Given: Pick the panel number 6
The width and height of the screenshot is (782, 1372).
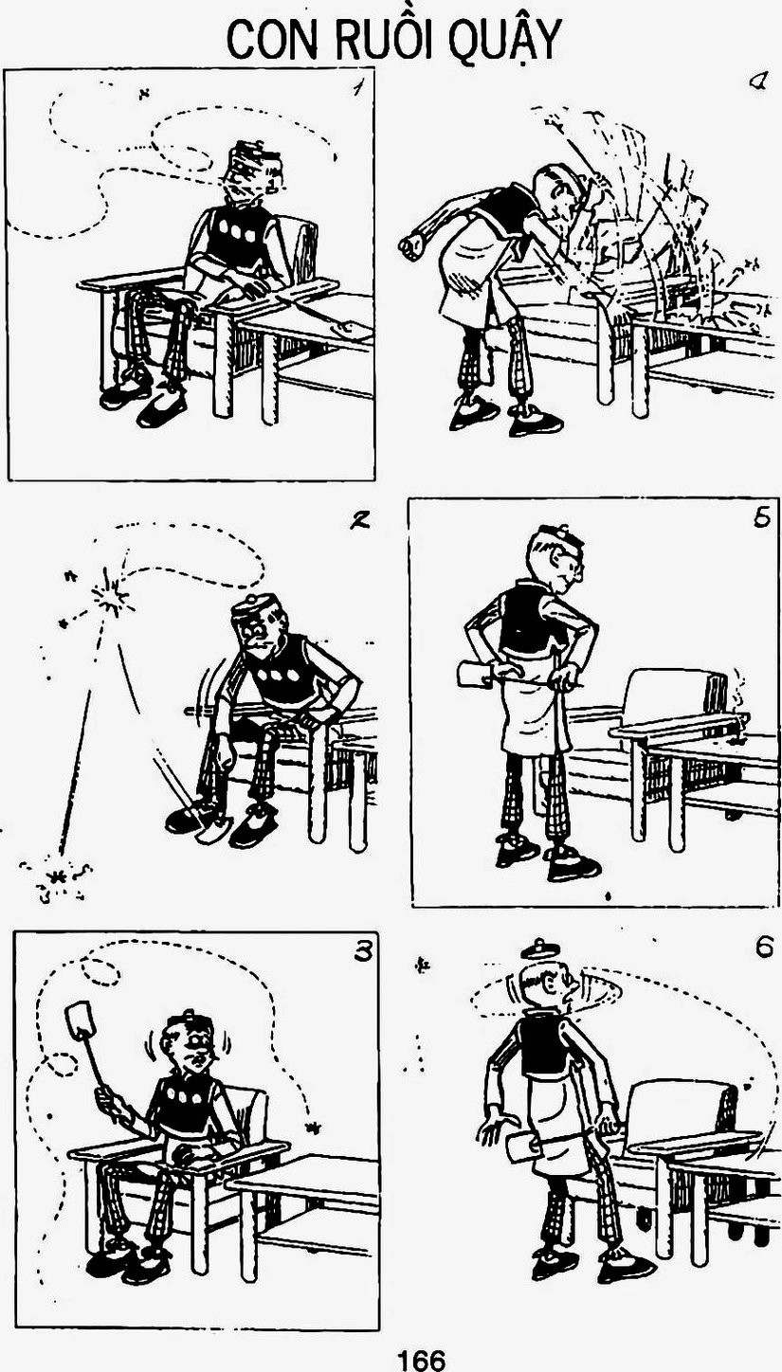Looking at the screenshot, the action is click(765, 949).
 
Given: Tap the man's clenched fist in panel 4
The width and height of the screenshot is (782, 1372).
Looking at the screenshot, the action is click(411, 245).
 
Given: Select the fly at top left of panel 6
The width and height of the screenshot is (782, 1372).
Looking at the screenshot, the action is click(422, 966).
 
